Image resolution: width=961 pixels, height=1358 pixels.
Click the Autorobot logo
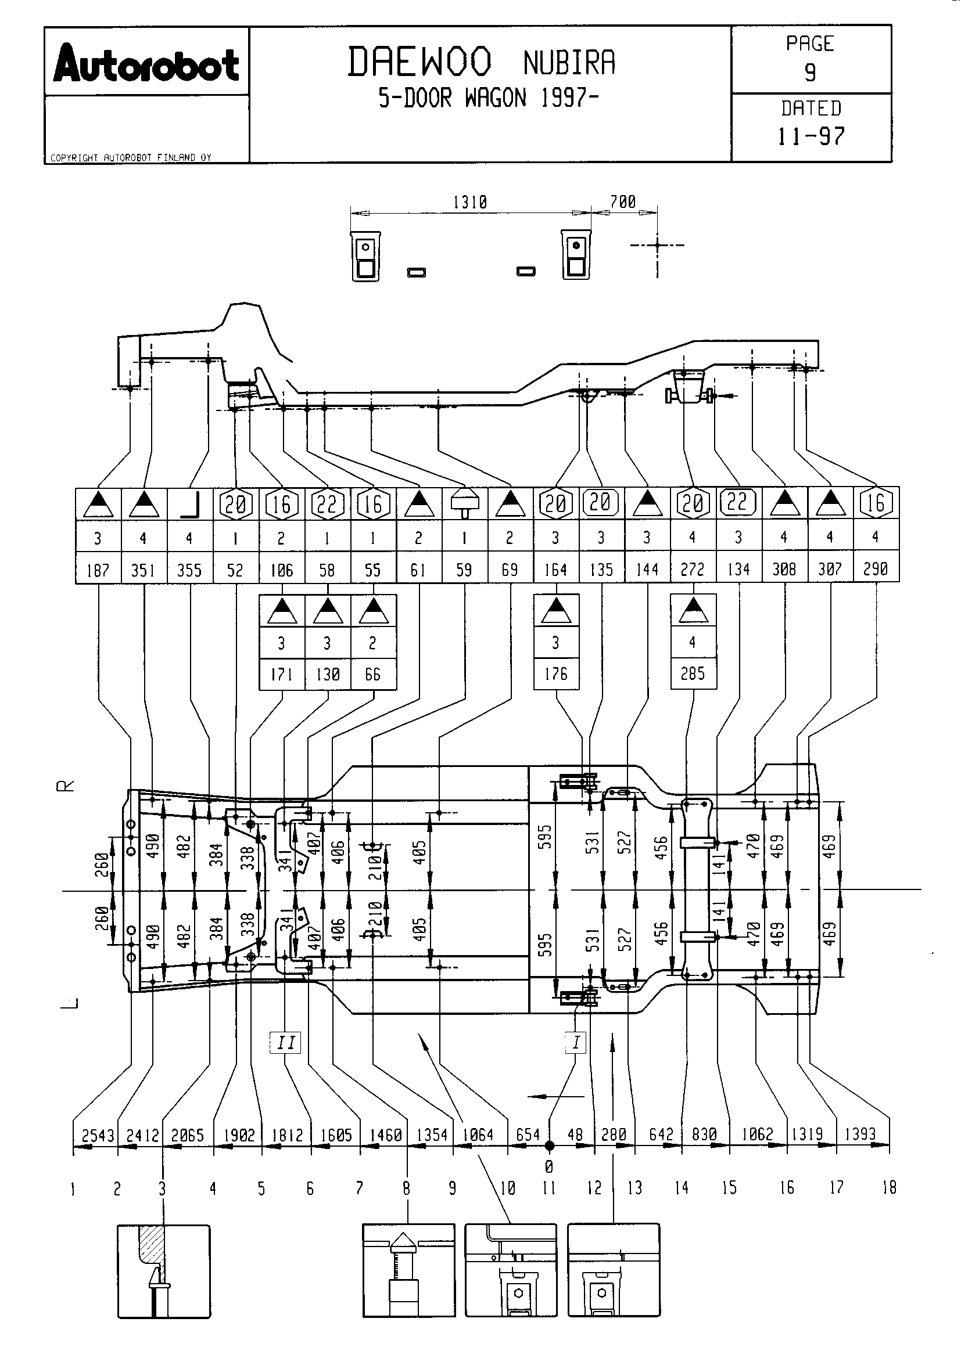click(x=146, y=63)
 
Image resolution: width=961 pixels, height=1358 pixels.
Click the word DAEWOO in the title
click(x=419, y=62)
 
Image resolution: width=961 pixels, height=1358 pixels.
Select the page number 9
click(x=810, y=72)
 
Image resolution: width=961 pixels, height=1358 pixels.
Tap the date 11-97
click(x=811, y=136)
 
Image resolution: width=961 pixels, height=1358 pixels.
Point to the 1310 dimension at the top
click(x=471, y=202)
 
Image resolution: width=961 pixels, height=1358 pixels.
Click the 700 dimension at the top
click(x=623, y=201)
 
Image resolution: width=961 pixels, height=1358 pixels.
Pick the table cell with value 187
click(x=98, y=570)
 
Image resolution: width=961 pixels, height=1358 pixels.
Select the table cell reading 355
click(x=189, y=570)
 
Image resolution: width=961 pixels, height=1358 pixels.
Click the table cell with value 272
click(x=693, y=569)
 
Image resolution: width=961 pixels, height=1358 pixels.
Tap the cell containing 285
click(x=693, y=673)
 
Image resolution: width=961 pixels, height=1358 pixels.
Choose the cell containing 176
click(x=556, y=673)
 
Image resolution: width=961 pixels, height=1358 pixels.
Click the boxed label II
click(x=286, y=1042)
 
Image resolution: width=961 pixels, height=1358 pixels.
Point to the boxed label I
click(x=576, y=1042)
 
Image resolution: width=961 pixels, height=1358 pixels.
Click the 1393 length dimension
click(x=860, y=1134)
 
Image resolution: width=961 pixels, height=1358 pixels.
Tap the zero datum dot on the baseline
click(x=550, y=1146)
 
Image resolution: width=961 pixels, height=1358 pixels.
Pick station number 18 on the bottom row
click(x=889, y=1187)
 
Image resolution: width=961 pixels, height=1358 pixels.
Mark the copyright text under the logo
click(x=131, y=157)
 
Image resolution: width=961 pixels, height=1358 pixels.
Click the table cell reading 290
click(x=876, y=569)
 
